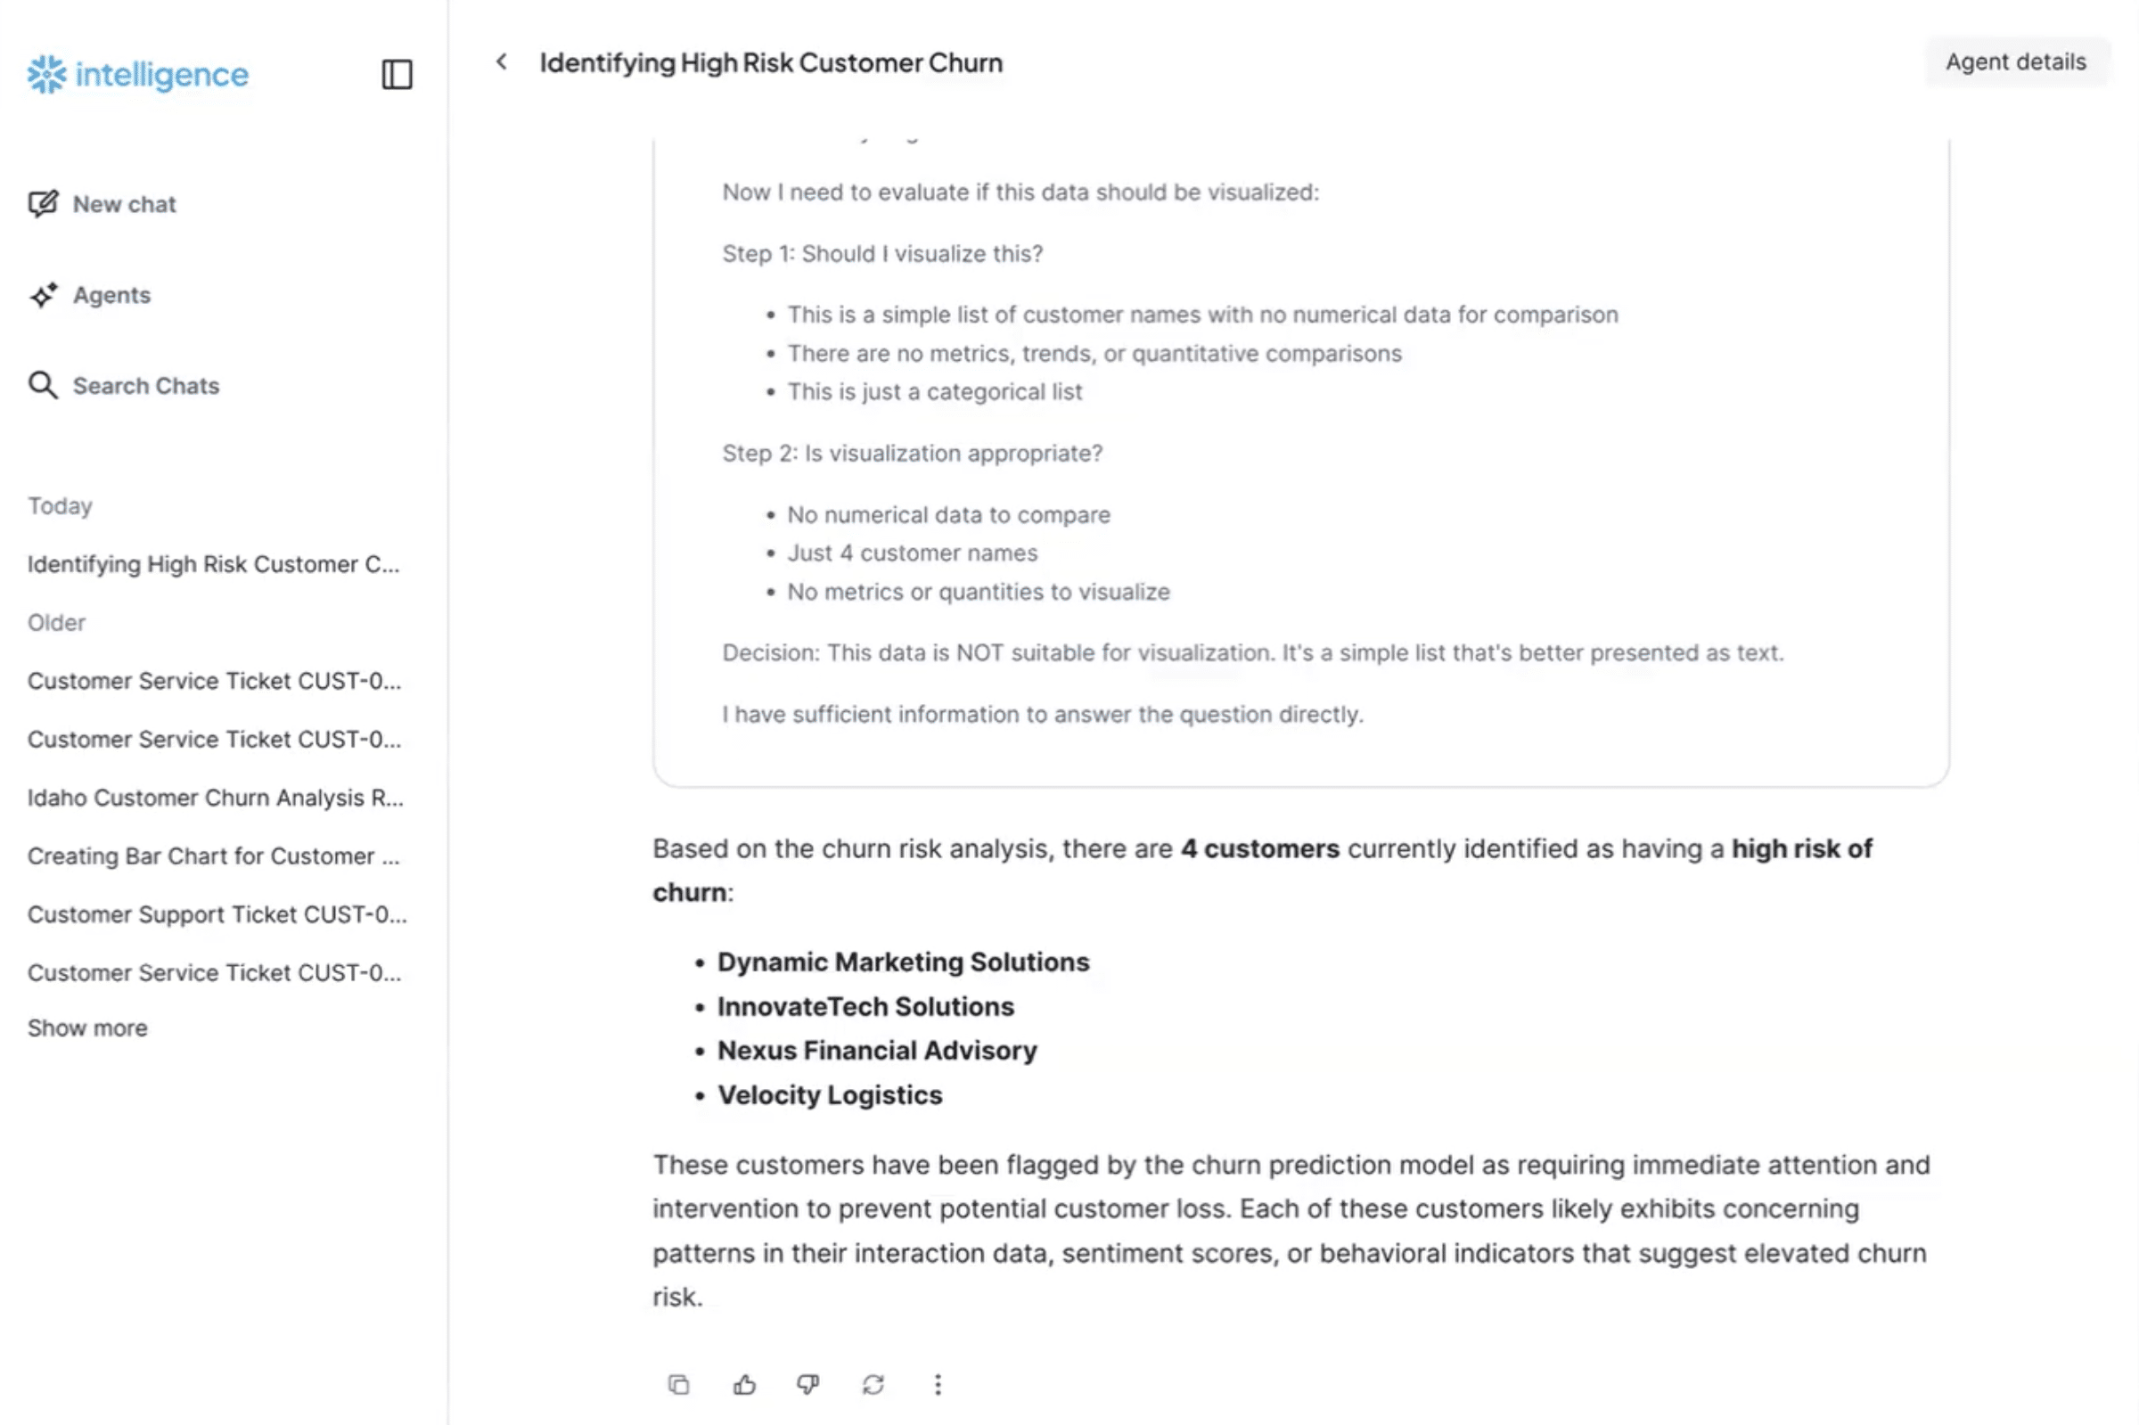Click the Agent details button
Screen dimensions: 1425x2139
click(2014, 61)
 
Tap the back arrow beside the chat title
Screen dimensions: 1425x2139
click(502, 61)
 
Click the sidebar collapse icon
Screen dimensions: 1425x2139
click(397, 75)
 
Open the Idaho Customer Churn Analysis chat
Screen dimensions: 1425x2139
click(215, 797)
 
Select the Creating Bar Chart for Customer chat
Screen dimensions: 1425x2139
click(213, 856)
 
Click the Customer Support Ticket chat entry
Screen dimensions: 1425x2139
click(217, 913)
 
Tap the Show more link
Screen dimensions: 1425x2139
click(87, 1027)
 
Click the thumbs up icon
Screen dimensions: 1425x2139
click(744, 1384)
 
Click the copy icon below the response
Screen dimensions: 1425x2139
click(679, 1384)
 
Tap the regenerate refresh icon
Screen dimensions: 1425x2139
click(873, 1384)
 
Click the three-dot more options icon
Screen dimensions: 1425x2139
click(938, 1384)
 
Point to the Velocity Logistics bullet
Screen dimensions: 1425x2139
click(829, 1094)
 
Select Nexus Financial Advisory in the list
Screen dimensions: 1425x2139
click(876, 1050)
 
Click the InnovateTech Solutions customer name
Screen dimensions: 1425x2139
click(865, 1006)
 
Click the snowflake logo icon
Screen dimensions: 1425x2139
click(46, 75)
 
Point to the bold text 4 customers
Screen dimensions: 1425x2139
click(1259, 848)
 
